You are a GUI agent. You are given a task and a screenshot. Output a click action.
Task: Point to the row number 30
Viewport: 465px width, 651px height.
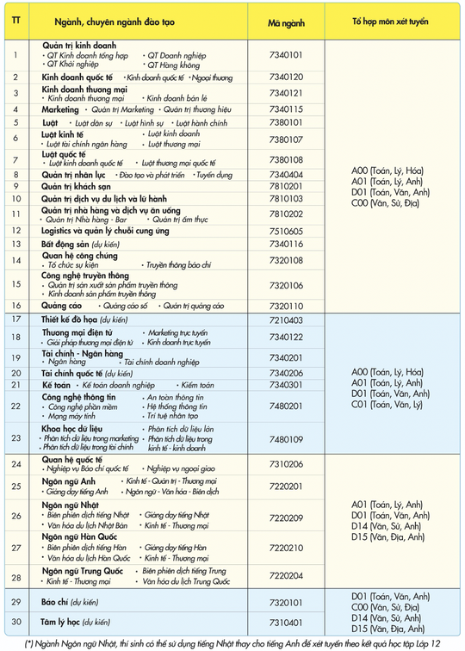tap(15, 621)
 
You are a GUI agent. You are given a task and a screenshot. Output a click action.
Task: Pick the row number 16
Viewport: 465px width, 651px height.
tap(15, 305)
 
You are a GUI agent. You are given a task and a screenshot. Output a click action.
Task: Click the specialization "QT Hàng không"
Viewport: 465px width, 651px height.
tap(173, 65)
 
